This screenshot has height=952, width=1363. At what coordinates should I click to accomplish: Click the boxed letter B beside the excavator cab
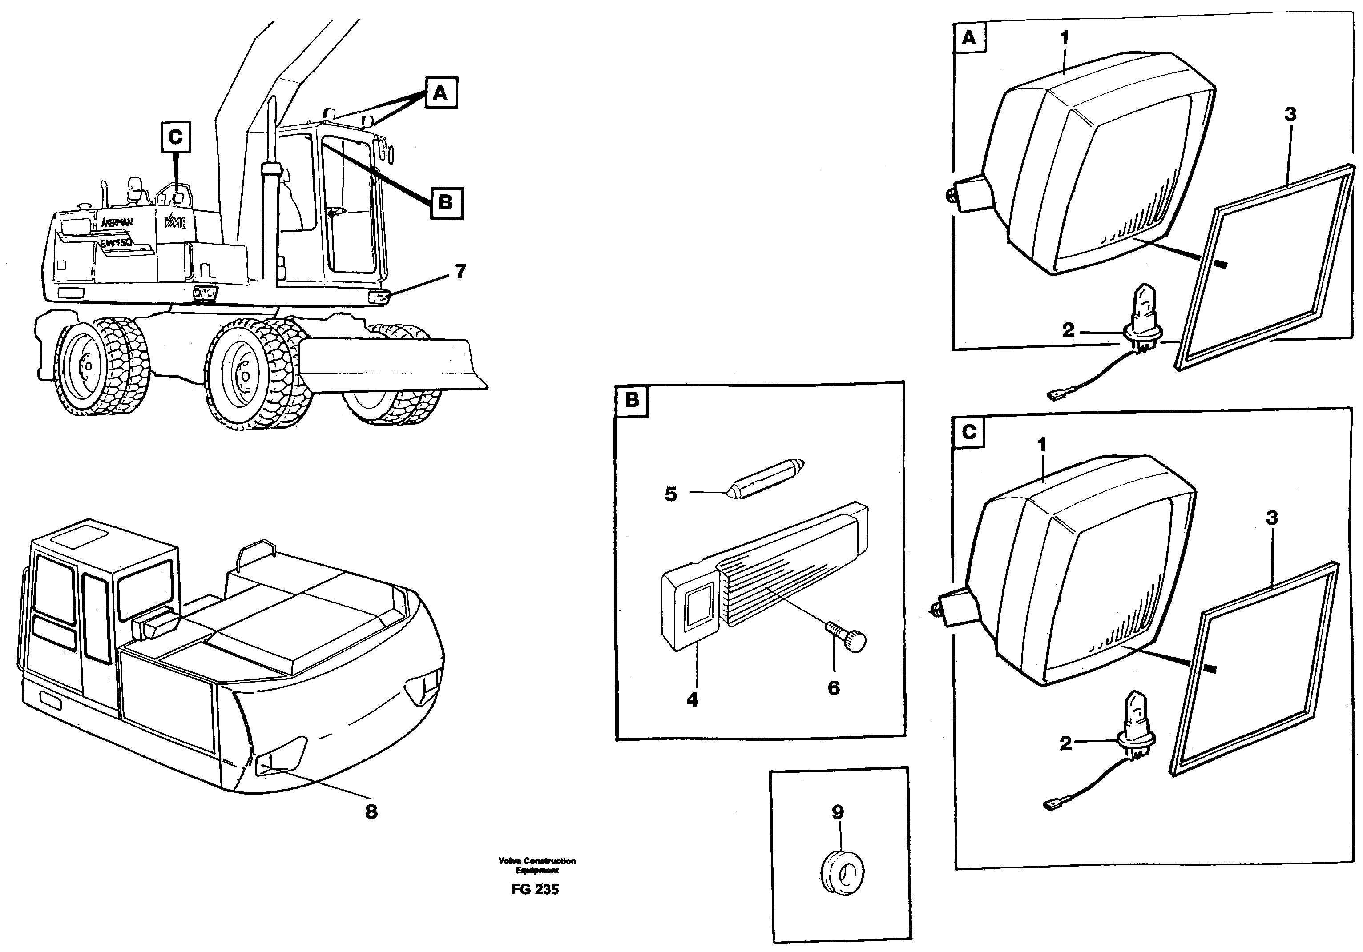[446, 202]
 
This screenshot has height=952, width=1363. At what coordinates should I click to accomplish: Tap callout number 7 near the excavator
[460, 271]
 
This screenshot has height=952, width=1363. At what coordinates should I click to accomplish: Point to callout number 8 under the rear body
[371, 811]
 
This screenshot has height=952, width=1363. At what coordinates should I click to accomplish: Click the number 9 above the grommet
[838, 812]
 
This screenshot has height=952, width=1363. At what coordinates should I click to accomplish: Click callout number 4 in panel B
[692, 700]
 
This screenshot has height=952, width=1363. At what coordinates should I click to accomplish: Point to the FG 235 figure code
[534, 889]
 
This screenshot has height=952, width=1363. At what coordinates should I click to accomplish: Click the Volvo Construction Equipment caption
[537, 865]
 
